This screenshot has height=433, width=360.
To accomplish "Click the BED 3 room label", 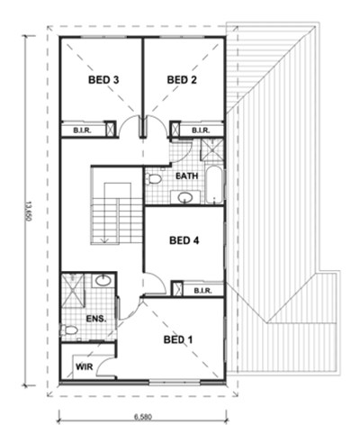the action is point(103,80).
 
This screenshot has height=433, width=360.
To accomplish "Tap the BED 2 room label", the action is point(182,80).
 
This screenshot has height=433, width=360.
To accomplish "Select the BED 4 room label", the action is point(184,240).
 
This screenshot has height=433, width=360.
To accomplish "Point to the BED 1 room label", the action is point(178,339).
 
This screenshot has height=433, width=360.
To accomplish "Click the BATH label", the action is point(187,176).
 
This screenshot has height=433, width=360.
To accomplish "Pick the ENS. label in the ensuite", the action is point(96,319).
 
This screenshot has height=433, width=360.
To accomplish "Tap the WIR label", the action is point(84,366).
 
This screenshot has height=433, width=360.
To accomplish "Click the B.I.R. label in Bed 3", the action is point(83,131).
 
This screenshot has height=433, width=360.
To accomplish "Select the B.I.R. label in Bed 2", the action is point(201,131).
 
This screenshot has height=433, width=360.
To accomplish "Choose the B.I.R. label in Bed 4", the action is point(202,291).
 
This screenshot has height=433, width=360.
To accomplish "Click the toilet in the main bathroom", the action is point(153,179).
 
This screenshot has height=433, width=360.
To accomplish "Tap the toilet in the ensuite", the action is point(69,330).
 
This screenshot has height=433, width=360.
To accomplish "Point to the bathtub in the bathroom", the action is point(214,185).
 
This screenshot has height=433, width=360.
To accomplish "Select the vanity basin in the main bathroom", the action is point(185,197).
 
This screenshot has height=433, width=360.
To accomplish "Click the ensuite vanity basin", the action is point(103,281).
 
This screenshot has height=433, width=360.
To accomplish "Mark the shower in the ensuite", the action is point(73,290).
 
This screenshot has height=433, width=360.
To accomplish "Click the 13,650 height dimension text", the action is point(29,212).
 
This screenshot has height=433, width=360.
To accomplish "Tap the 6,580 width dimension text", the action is point(143,417).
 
